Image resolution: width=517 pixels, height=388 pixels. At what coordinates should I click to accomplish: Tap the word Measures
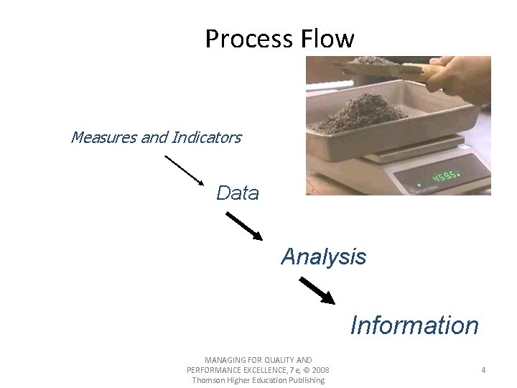(x=103, y=137)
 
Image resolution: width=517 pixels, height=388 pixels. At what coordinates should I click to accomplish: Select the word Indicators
(x=207, y=137)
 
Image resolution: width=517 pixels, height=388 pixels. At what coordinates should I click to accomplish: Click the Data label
(x=238, y=193)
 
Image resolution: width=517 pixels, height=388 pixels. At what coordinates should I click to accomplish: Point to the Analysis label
(x=323, y=257)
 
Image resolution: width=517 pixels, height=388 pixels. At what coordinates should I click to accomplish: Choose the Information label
(x=414, y=325)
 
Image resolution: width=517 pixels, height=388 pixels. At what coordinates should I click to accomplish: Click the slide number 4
(x=483, y=370)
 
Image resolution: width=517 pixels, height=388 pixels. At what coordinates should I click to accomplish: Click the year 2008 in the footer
(x=320, y=370)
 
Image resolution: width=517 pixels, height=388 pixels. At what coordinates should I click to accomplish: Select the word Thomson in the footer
(x=209, y=380)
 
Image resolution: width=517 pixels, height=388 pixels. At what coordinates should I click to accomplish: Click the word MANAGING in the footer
(x=225, y=360)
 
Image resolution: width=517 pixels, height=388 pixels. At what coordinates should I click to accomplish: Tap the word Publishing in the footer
(x=305, y=380)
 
